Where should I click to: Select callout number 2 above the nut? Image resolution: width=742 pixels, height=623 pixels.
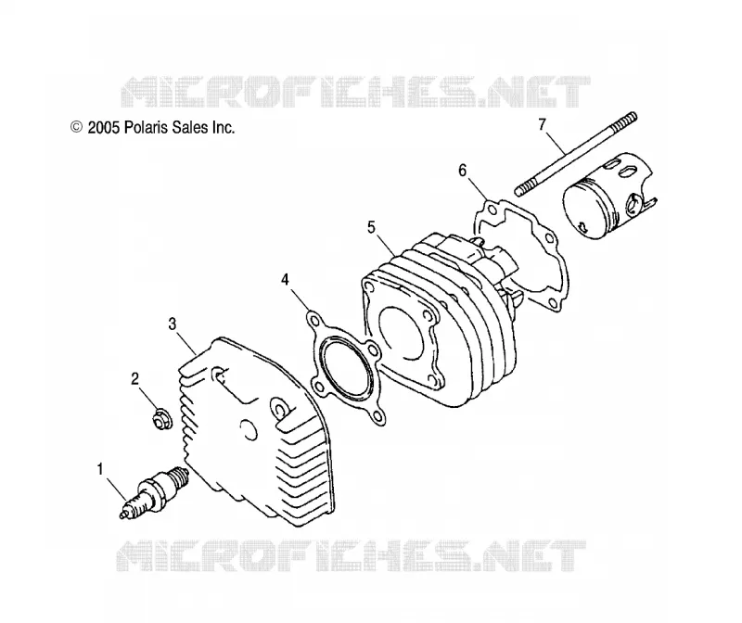135,378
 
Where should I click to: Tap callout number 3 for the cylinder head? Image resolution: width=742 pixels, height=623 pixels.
173,324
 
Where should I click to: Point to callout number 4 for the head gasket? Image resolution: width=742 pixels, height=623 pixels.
285,280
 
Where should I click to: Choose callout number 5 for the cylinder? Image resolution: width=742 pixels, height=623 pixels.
371,227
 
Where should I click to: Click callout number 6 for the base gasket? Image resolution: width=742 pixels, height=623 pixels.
462,170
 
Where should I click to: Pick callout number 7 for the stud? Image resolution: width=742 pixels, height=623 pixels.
543,124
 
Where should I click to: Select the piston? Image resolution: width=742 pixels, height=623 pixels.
609,194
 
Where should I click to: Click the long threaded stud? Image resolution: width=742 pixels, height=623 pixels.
576,154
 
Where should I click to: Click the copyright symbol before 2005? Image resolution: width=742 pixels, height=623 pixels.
76,127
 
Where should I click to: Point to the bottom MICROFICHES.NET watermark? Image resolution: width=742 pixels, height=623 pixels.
352,555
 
